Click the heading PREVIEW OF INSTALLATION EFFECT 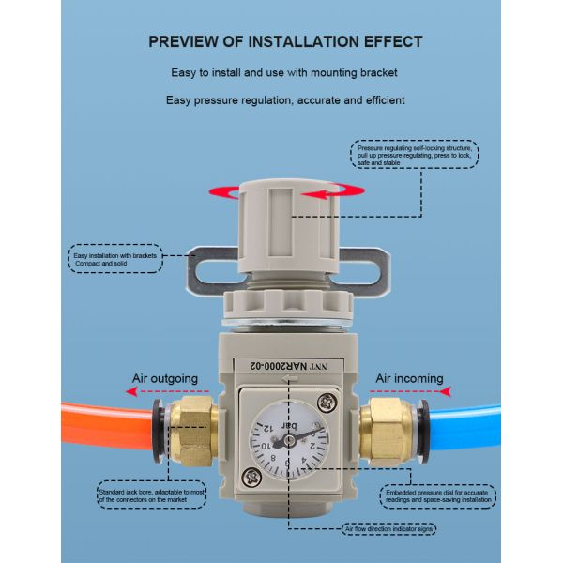pos(285,41)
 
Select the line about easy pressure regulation pos(285,99)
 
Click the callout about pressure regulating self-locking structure pos(416,154)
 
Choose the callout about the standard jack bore pos(152,495)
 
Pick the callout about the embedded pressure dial pos(438,496)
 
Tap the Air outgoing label pos(164,379)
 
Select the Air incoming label pos(409,379)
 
